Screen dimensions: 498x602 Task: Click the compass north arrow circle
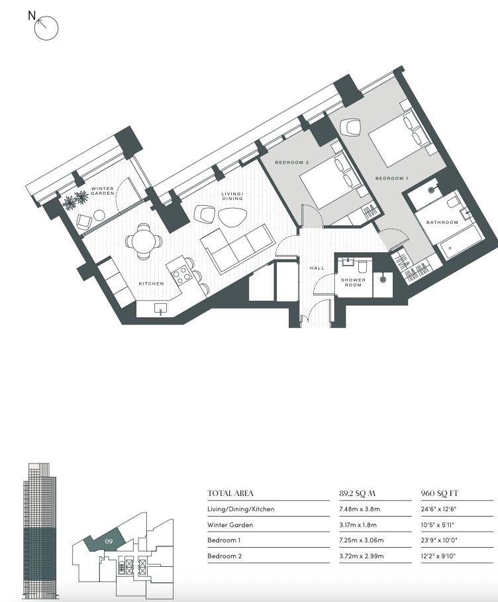pos(46,28)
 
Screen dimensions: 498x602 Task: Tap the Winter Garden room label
pos(102,191)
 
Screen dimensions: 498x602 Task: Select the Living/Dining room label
pos(232,196)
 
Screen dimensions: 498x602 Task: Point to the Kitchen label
pos(151,283)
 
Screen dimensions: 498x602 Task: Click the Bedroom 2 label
pos(292,162)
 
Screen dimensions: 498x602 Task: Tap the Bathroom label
pos(442,223)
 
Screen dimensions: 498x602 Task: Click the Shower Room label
pos(353,282)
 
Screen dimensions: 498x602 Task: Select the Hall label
pos(317,268)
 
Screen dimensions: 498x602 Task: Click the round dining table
pos(144,242)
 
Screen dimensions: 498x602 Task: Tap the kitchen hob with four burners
pos(181,274)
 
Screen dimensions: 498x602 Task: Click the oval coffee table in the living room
pos(232,217)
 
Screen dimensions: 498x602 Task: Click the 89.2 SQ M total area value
pos(357,493)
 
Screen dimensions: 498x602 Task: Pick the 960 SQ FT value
pos(440,493)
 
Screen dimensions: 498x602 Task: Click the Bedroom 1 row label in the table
pos(224,540)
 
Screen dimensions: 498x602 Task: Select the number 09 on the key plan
pos(109,542)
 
